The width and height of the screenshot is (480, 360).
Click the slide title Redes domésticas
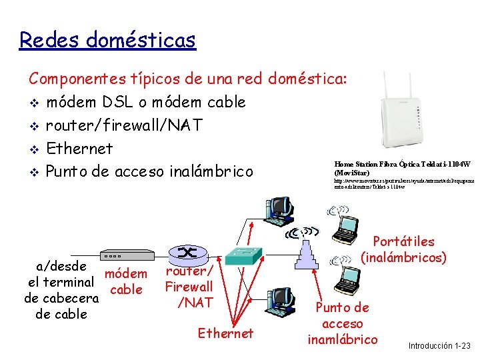[x=107, y=40]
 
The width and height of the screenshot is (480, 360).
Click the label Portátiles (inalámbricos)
[x=403, y=249]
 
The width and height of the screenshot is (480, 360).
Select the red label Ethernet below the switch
[x=225, y=333]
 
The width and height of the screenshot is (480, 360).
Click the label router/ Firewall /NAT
[x=189, y=287]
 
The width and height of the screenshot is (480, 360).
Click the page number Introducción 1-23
[x=439, y=345]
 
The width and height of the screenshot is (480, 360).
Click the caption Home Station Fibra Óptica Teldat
[x=403, y=168]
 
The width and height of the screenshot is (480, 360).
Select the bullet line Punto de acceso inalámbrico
[x=149, y=171]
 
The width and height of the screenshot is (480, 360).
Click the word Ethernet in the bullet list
[x=79, y=149]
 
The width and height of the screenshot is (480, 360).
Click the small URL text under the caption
[x=404, y=183]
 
